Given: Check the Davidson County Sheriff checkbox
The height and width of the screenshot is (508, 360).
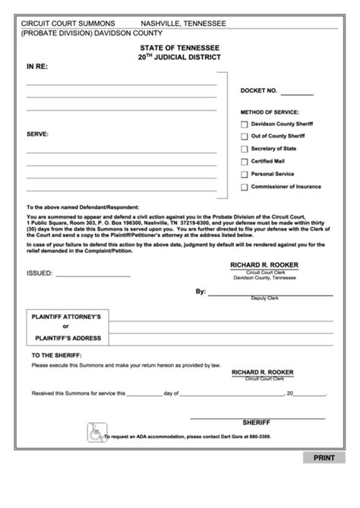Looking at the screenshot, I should coord(244,124).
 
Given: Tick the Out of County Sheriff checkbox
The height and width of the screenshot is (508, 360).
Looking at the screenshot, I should coord(244,137).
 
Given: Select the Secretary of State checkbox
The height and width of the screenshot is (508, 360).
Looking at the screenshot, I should coord(244,149).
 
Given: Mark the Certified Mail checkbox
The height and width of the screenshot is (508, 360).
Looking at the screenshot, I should coord(244,162).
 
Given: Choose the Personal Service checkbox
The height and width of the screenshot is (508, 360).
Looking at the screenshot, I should coord(244,175).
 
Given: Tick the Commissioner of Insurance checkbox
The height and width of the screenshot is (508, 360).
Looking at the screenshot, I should coord(244,187).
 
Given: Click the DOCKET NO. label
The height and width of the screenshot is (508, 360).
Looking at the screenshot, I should coord(259,90).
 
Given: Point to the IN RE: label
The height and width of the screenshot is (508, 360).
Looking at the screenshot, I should coord(37,67).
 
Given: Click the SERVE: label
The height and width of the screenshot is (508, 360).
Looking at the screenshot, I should coord(37,133).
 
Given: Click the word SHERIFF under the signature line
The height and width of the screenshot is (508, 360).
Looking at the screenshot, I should coord(256,421).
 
